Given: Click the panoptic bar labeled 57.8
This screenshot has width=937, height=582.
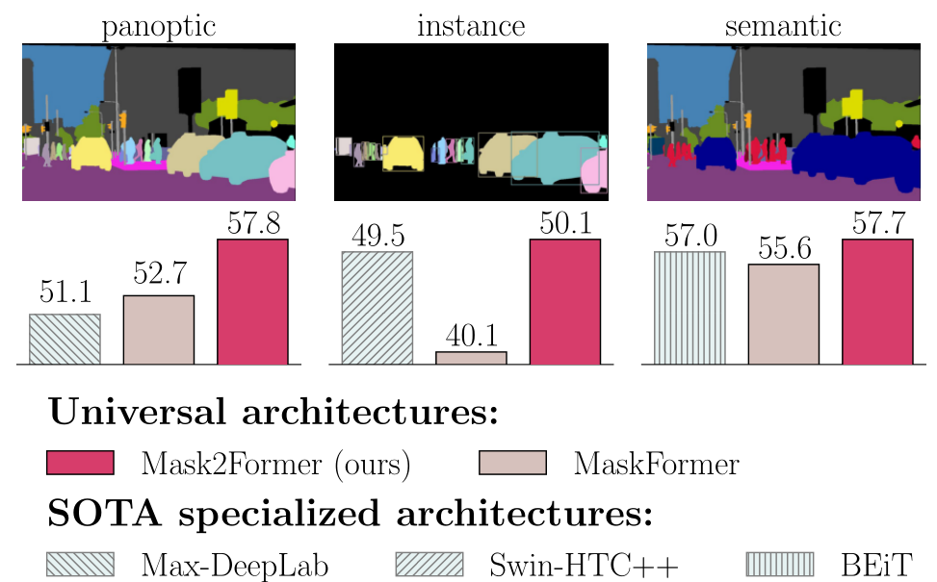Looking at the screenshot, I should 252,302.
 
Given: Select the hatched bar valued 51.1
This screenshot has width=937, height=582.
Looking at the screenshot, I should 65,340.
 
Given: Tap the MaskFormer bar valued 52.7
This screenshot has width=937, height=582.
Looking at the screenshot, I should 159,330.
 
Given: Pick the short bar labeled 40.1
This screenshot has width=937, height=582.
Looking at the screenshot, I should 471,358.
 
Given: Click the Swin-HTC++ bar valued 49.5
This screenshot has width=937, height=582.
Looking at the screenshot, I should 377,308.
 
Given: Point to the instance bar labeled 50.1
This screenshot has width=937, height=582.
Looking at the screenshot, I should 565,302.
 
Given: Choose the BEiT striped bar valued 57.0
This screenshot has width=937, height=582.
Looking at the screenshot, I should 690,308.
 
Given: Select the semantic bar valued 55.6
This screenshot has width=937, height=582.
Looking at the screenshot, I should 783,315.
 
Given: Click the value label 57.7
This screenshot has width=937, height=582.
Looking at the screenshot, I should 877,225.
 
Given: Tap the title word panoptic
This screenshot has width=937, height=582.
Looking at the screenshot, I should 158,27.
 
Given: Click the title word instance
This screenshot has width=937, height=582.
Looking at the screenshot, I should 471,26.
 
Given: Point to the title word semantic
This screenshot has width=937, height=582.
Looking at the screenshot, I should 783,26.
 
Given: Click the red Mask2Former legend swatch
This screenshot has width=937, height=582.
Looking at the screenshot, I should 80,464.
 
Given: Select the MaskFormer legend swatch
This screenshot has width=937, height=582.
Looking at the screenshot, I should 512,464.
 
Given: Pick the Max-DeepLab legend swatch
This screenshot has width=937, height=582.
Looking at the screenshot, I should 80,563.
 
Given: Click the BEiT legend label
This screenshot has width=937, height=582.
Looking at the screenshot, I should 876,564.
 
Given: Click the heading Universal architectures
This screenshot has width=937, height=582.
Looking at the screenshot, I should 273,413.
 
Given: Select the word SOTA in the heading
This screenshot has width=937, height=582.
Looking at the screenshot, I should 99,513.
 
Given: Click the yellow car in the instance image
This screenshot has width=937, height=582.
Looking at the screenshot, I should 403,154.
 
